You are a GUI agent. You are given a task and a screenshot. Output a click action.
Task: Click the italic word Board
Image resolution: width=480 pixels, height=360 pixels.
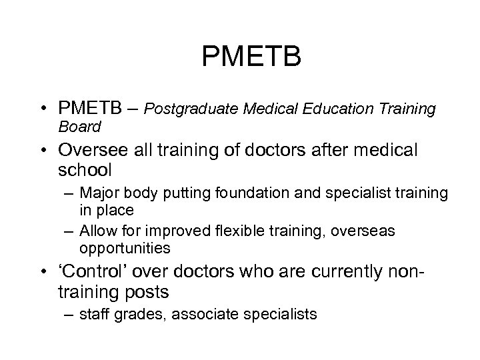tap(79, 126)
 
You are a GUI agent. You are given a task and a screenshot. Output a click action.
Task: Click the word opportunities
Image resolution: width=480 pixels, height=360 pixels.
tap(125, 249)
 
